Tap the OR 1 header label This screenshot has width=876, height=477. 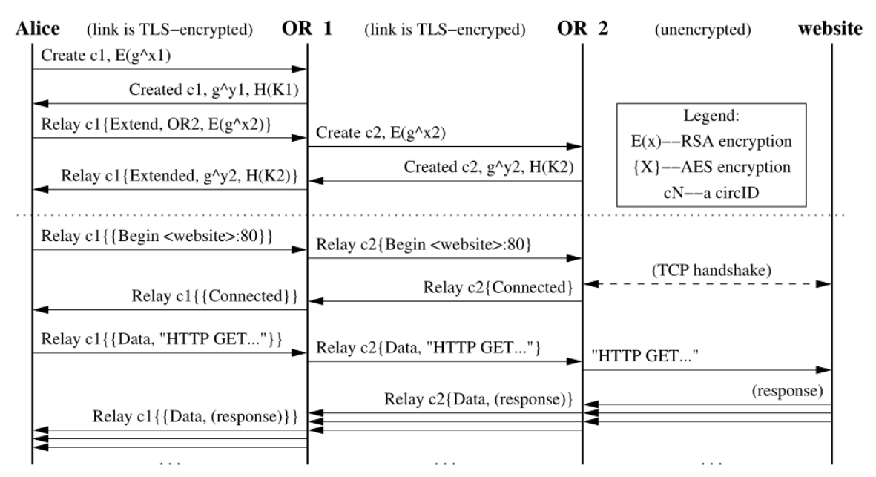coord(308,29)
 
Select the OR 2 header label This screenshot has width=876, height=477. coord(582,29)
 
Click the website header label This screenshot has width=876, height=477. coord(831,29)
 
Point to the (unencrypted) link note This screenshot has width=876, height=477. coord(703,30)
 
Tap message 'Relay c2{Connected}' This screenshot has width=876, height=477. coord(498,287)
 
